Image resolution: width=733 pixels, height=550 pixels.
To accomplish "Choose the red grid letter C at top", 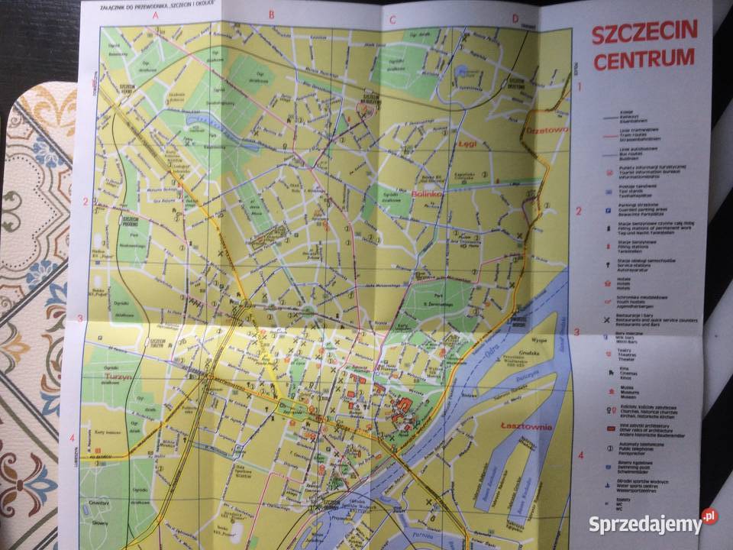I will [x=393, y=19].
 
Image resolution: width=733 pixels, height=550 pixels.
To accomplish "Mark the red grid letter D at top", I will [x=515, y=20].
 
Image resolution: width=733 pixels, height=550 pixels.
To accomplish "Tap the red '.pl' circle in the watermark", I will [x=709, y=517].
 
